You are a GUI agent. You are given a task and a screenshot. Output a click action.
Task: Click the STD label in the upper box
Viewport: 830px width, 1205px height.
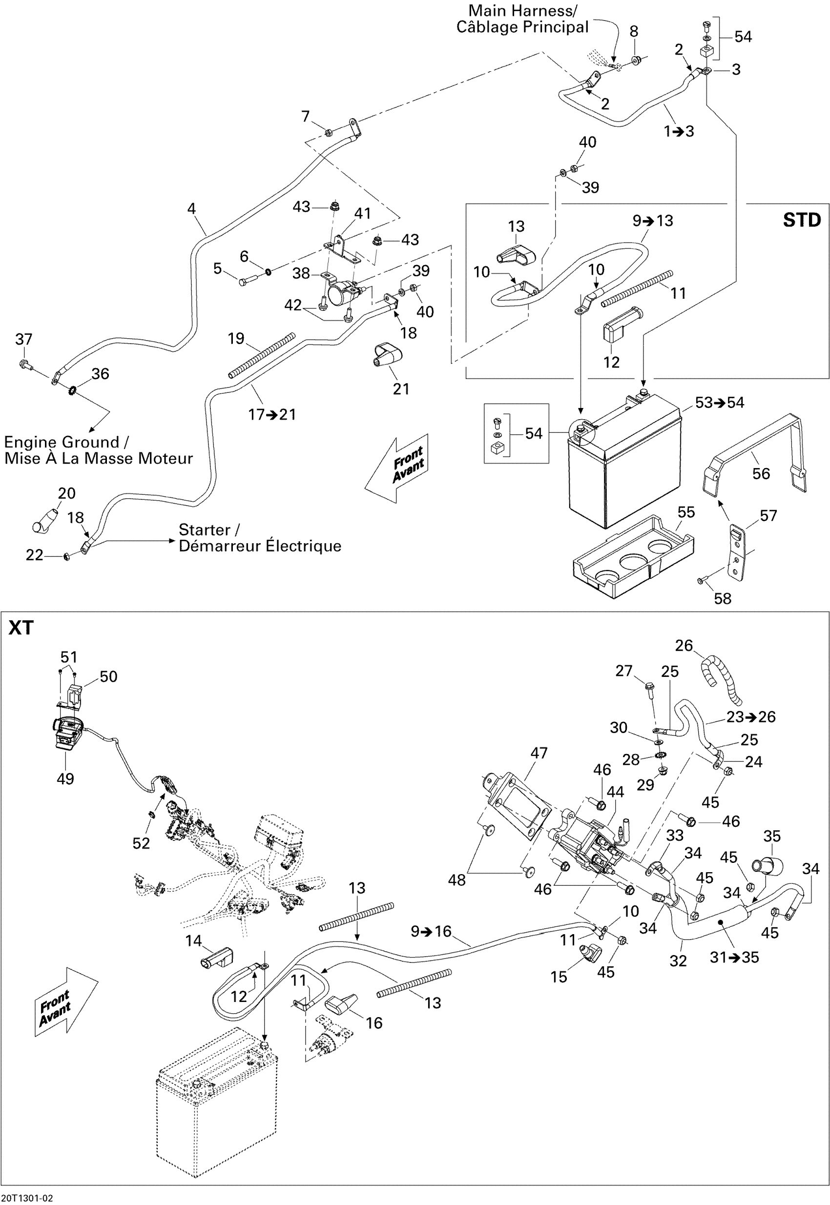click(801, 221)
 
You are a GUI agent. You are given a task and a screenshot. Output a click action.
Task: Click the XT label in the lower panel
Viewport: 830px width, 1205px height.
click(21, 628)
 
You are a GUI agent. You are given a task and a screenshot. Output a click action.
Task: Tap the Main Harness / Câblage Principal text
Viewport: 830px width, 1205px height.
click(522, 19)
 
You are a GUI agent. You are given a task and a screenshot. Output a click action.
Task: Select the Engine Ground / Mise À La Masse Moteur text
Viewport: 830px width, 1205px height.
click(98, 450)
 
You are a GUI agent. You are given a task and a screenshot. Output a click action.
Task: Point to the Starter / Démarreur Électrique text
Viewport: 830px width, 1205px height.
click(260, 538)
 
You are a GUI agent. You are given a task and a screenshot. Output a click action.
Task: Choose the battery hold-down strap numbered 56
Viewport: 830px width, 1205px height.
click(755, 453)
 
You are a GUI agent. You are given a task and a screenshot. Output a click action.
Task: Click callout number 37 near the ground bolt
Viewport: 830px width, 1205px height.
click(24, 340)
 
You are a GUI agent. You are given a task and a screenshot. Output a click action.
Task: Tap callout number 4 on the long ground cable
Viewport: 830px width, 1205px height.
click(191, 209)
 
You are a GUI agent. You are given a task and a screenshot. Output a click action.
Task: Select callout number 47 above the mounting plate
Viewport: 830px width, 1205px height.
click(539, 753)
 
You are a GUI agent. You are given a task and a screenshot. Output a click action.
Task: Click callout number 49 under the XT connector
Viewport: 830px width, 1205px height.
click(65, 779)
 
